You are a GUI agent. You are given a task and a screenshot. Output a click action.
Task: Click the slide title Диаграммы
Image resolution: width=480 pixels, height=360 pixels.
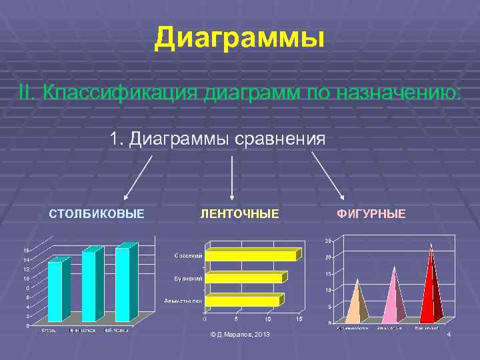coord(239,39)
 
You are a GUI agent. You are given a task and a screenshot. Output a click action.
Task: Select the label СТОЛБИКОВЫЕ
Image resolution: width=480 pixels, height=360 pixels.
coord(97,214)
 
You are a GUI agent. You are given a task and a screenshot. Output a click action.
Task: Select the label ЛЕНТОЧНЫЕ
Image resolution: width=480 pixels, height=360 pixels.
coord(240,214)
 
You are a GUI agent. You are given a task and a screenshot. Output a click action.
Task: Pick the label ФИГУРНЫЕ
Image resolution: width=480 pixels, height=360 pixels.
coord(371,214)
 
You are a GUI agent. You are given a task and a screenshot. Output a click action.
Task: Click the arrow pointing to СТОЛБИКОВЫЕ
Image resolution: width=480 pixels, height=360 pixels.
coord(138,177)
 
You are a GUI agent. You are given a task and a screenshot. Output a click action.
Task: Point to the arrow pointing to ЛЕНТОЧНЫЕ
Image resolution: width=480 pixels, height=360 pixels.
coord(231,178)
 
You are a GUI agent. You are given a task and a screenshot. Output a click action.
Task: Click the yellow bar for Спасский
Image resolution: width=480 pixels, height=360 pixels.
coord(250,255)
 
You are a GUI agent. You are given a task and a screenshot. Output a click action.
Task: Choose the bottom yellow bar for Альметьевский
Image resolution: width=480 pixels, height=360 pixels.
coord(242,301)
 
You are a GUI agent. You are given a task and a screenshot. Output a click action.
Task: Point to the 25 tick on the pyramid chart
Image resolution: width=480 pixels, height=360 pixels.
coord(328,241)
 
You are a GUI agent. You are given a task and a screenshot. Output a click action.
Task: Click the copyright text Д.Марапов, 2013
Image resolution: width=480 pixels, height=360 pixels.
coord(240,333)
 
